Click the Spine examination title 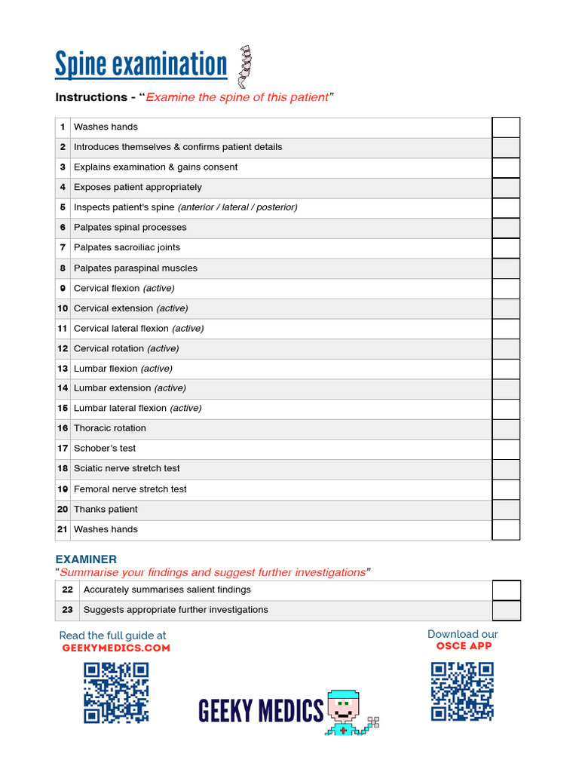click(141, 64)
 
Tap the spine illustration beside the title click(244, 67)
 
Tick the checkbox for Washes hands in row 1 click(506, 127)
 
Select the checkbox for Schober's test click(506, 449)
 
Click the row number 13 click(63, 369)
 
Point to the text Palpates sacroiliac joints click(127, 247)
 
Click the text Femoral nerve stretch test click(130, 489)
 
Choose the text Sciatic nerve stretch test click(127, 468)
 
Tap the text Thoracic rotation click(110, 428)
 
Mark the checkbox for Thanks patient click(506, 510)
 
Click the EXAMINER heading click(86, 559)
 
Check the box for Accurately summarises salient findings click(507, 590)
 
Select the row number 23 click(68, 610)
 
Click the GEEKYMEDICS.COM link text click(116, 648)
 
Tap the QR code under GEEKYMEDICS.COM click(116, 693)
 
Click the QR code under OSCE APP click(462, 691)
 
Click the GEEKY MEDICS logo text click(261, 711)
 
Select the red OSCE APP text click(464, 646)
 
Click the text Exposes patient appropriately click(138, 187)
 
